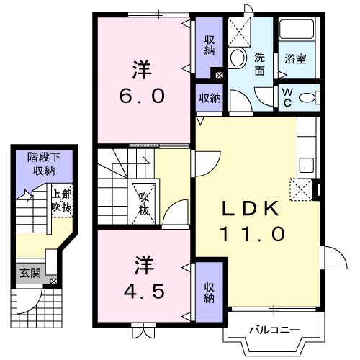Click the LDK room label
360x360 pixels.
251,208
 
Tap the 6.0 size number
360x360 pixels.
142,96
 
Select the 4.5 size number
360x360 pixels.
144,291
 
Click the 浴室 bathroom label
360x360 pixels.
295,59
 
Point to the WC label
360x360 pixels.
287,97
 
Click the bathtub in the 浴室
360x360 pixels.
297,29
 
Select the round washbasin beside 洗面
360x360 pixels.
238,58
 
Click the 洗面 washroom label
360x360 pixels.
259,64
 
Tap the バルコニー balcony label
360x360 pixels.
274,330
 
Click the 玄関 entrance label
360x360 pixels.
30,273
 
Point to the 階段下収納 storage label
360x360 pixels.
44,164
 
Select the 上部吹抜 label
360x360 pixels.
63,201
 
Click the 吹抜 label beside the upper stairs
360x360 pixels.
144,204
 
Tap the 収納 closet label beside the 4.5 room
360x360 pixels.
209,292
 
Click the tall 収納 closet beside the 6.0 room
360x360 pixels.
209,45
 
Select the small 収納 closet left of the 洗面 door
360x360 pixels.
210,98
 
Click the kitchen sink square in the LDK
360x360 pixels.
307,165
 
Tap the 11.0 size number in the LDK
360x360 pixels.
253,234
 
